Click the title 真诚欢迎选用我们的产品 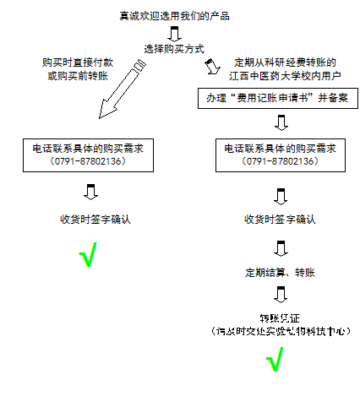pos(175,17)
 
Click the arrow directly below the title pos(175,33)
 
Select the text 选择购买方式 pos(175,48)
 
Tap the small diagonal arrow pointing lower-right pos(211,65)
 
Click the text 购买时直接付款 pos(77,62)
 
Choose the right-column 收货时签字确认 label pos(281,220)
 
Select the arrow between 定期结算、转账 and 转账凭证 pos(281,296)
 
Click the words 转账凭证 pos(281,318)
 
